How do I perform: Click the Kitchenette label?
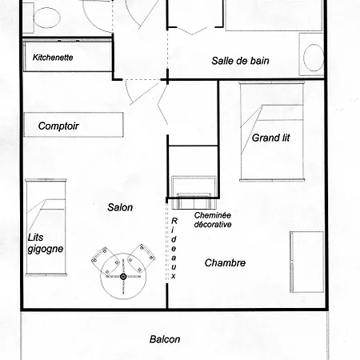[x=53, y=58]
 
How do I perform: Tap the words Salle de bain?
[x=240, y=61]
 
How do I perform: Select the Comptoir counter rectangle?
[x=74, y=125]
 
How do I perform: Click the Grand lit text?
[x=270, y=138]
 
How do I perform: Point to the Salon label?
[x=120, y=207]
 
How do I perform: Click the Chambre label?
[x=225, y=263]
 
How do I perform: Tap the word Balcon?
[x=165, y=339]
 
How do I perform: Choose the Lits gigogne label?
[x=46, y=243]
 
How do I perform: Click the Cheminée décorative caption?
[x=213, y=220]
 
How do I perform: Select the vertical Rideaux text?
[x=174, y=248]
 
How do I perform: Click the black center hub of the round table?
[x=123, y=277]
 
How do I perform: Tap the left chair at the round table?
[x=106, y=261]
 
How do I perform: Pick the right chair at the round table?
[x=141, y=258]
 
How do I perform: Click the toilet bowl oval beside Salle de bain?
[x=314, y=58]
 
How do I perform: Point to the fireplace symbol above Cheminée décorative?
[x=194, y=193]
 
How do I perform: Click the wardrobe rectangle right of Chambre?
[x=306, y=262]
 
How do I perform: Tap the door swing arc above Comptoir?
[x=128, y=92]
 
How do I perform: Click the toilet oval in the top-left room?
[x=46, y=18]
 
